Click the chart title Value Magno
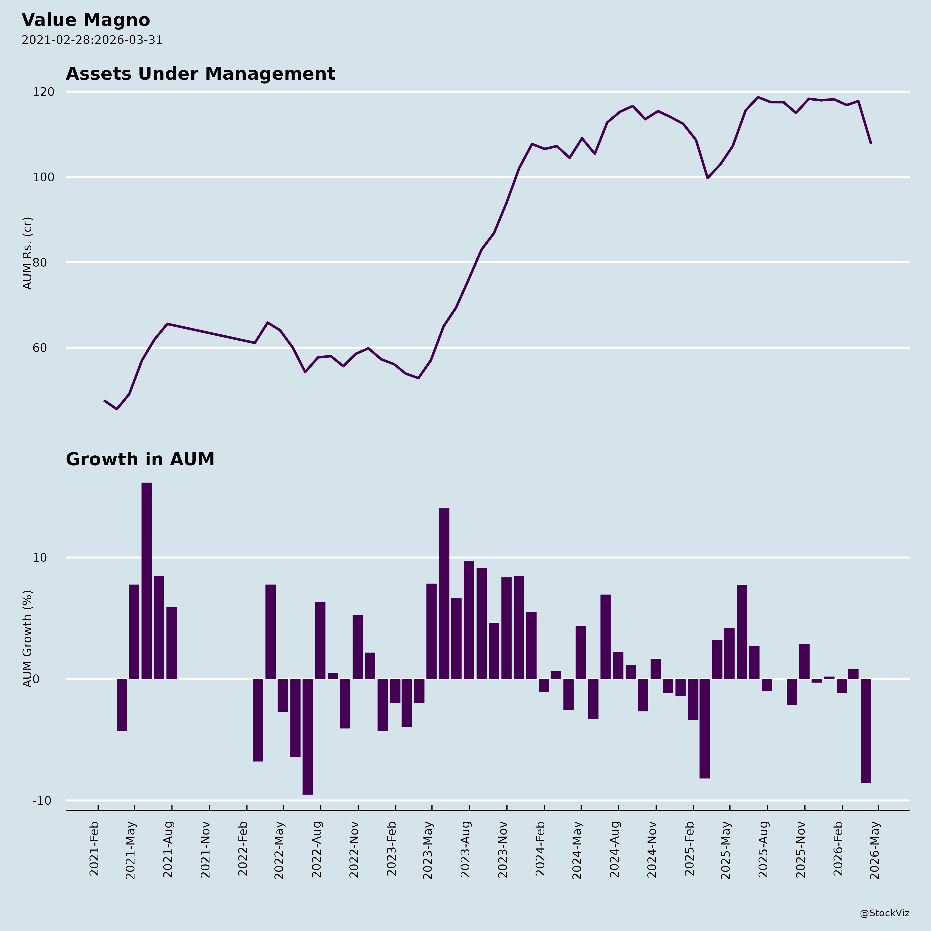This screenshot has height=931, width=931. pos(86,20)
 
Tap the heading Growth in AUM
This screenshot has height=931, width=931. pos(140,459)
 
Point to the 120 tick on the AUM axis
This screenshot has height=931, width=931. pos(43,92)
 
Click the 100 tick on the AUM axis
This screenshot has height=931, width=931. pos(43,177)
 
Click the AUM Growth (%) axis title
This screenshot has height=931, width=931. pos(27,639)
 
